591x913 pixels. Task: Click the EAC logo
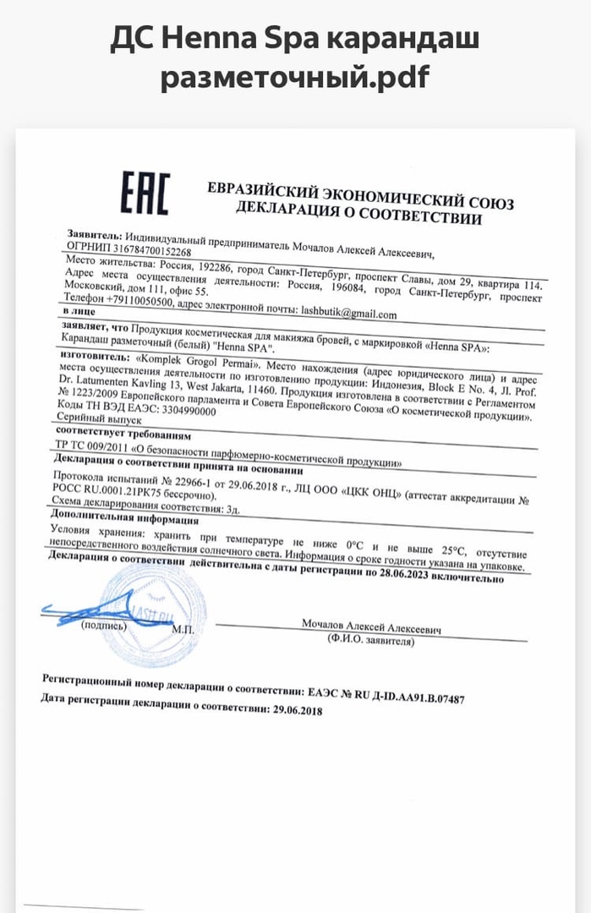[x=145, y=194]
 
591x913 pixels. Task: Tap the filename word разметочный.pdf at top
[x=295, y=78]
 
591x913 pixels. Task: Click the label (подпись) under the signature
[x=104, y=626]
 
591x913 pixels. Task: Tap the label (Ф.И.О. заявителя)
[x=370, y=642]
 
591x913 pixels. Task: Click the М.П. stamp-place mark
[x=183, y=630]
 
